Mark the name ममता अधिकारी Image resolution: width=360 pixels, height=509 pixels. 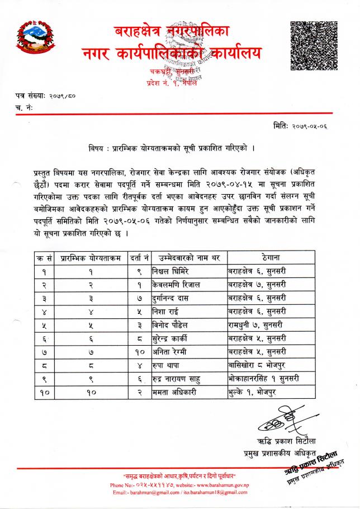coord(174,393)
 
